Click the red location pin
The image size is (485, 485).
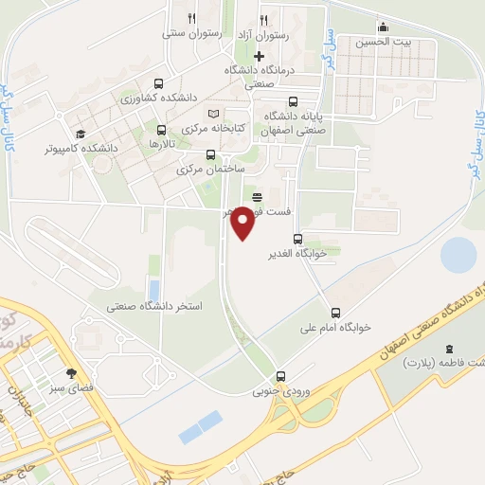click(243, 222)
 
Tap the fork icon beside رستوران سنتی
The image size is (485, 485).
click(191, 18)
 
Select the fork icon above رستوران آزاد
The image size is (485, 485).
click(263, 18)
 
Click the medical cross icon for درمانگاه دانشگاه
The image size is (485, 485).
click(259, 56)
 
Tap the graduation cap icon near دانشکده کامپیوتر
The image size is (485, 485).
click(81, 134)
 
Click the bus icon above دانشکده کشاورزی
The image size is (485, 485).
click(158, 82)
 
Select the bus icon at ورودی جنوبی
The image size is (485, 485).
click(280, 376)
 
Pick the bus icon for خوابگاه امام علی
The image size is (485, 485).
click(335, 313)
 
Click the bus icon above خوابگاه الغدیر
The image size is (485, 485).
click(298, 239)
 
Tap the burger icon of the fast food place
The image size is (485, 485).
click(257, 196)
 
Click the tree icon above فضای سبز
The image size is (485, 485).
click(71, 371)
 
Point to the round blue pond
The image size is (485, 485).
click(459, 255)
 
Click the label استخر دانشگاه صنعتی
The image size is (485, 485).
click(156, 307)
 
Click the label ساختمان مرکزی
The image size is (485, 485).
click(210, 170)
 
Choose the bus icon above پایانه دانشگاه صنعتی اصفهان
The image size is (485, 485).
click(293, 101)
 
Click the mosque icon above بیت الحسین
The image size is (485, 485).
click(383, 27)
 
